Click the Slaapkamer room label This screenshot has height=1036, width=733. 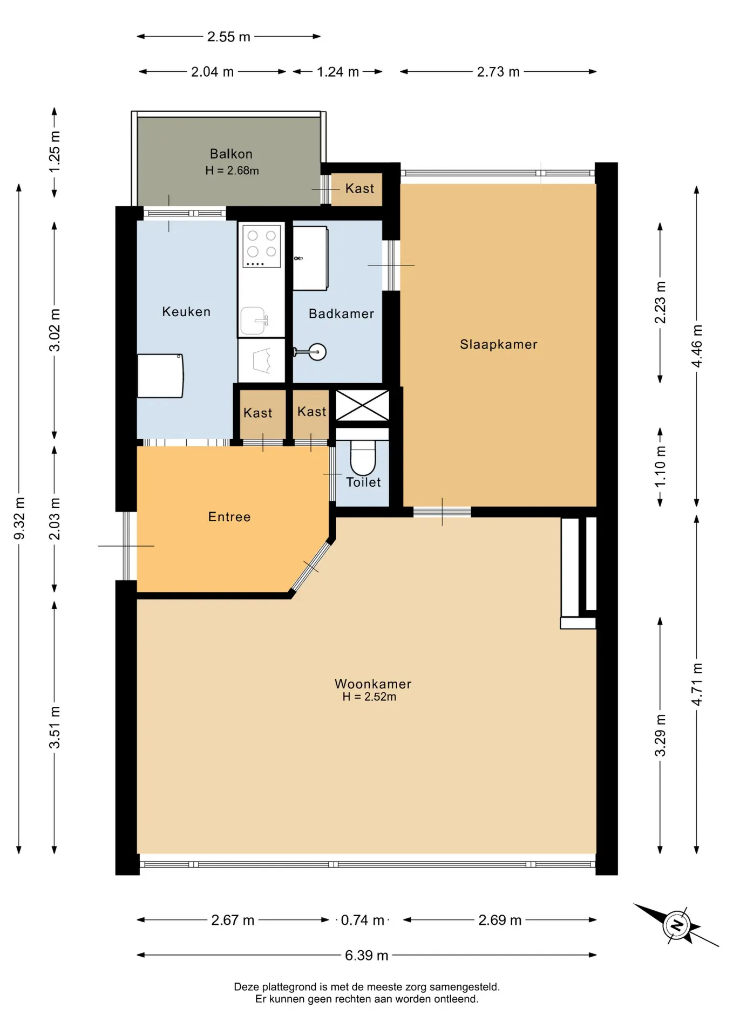point(498,344)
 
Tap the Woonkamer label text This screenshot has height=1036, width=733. point(373,684)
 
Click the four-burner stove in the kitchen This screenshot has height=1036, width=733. point(261,246)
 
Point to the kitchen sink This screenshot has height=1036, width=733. point(254,321)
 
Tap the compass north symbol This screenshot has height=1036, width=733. point(676,925)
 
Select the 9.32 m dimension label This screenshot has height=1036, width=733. point(19,518)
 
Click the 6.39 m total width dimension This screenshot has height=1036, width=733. point(366,955)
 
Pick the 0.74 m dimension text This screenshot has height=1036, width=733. point(363,920)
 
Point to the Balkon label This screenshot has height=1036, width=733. point(231,154)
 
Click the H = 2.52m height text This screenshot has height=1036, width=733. point(369,697)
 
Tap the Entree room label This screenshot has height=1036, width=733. point(229,517)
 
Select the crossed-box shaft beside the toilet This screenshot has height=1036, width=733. point(362,405)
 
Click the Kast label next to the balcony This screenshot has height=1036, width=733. point(359,188)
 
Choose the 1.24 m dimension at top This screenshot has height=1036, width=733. point(338,72)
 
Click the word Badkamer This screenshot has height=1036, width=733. point(341,313)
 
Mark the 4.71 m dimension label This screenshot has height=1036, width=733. point(697,684)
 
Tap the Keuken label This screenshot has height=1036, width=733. point(186,311)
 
